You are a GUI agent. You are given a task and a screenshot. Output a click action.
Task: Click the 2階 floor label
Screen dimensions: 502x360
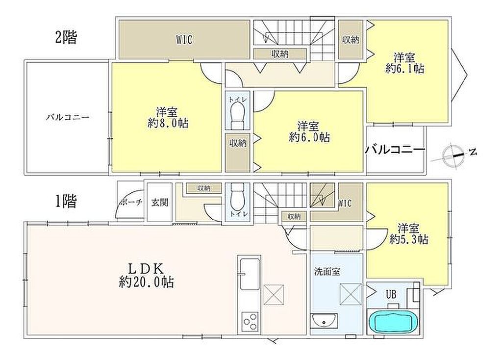tap(66, 37)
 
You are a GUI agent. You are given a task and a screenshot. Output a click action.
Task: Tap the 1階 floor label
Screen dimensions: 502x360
tap(66, 202)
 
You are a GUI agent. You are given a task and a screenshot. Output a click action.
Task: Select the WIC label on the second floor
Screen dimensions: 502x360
tap(184, 40)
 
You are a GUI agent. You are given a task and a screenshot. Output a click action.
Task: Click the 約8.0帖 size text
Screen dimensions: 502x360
tap(168, 123)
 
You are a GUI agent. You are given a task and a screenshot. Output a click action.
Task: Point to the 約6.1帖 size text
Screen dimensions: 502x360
tap(404, 69)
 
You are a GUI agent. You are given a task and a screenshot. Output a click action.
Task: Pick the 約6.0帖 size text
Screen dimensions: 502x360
tap(309, 137)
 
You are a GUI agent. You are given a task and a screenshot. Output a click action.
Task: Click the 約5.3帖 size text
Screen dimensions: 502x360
tap(409, 239)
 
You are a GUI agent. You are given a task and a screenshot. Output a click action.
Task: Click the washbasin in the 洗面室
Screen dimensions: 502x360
tap(324, 321)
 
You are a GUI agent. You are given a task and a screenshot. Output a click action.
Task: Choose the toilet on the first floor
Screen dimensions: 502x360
tap(237, 197)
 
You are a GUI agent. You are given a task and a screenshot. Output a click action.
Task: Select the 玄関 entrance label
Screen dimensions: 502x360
tap(159, 203)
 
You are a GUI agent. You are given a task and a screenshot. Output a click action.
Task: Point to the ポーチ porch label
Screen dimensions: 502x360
tap(131, 203)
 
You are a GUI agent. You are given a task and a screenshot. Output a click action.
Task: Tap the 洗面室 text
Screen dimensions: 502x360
tap(327, 272)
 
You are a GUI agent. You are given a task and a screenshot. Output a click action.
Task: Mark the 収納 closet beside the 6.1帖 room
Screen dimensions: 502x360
tap(351, 40)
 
